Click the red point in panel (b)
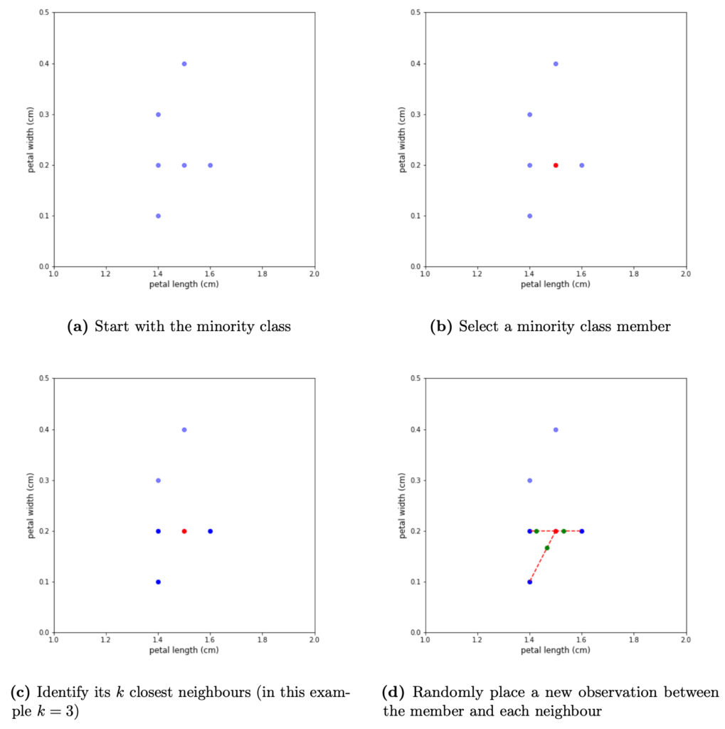(556, 165)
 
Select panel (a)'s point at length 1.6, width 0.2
(210, 165)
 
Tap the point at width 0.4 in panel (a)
(184, 64)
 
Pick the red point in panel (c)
(184, 531)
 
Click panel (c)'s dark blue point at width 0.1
(158, 582)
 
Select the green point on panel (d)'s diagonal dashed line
(546, 548)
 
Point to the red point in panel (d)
(556, 531)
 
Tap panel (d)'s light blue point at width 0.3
(529, 481)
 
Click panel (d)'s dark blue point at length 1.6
(581, 531)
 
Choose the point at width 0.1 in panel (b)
(529, 216)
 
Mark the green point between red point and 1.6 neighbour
(563, 531)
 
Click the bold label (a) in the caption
(76, 327)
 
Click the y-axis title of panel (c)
(32, 505)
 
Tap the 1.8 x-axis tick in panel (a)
(262, 273)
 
